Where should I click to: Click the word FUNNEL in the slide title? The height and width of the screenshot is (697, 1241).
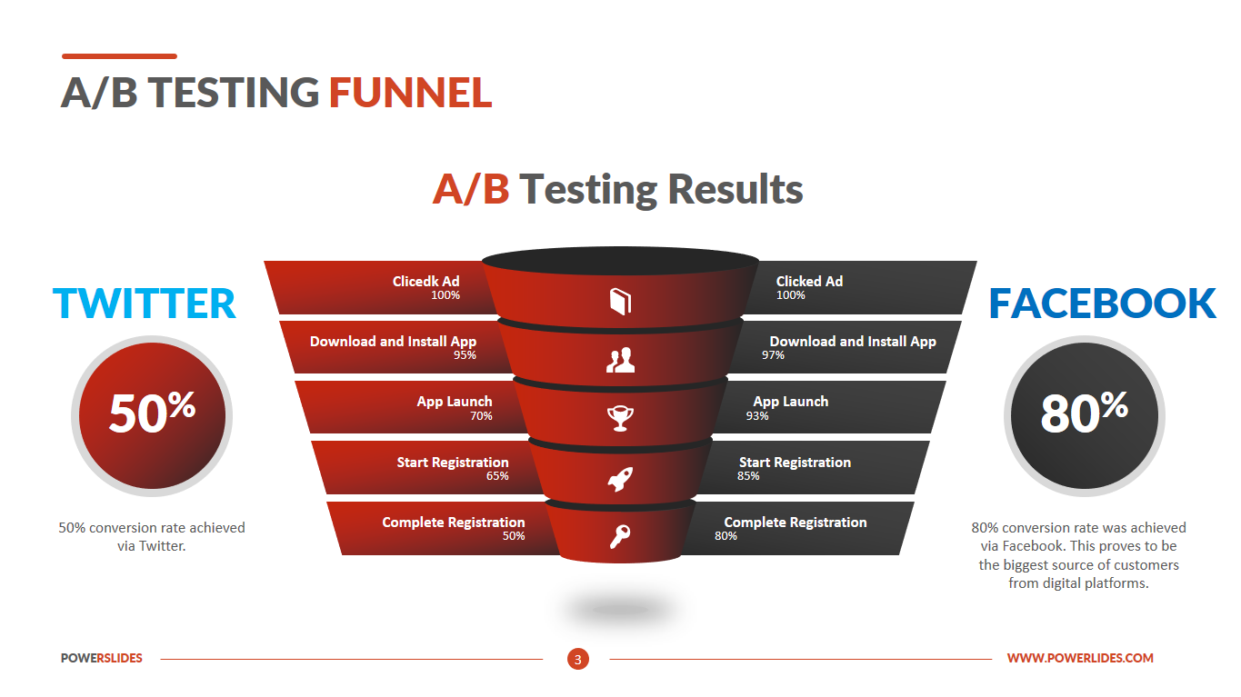[x=411, y=92]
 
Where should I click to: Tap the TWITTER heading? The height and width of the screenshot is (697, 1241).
[x=145, y=304]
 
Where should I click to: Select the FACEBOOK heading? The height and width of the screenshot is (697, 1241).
[x=1102, y=304]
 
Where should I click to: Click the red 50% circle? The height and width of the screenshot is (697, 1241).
[x=152, y=416]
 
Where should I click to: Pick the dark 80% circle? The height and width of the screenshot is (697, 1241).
[x=1085, y=416]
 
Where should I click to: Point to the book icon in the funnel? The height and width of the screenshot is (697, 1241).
[x=620, y=301]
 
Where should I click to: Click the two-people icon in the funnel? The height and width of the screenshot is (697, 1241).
[x=620, y=360]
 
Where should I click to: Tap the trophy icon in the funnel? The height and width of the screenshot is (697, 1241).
[x=620, y=418]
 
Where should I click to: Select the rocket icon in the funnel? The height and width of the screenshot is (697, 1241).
[x=620, y=479]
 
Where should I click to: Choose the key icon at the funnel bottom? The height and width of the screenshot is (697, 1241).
[x=620, y=536]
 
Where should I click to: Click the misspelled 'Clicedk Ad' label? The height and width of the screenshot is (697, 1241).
[x=426, y=281]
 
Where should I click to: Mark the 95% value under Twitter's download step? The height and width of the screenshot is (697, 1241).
[x=465, y=355]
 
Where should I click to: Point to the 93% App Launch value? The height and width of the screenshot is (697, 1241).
[x=757, y=416]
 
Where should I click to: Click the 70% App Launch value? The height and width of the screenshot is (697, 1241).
[x=481, y=416]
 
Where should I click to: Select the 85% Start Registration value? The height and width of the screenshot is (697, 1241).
[x=748, y=476]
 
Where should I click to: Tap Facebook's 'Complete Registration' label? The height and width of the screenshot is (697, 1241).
[x=796, y=522]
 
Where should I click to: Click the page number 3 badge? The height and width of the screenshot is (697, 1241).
[x=578, y=659]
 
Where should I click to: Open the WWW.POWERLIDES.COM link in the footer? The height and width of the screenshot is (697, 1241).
[x=1080, y=658]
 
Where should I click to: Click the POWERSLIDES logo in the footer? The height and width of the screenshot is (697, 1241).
[x=102, y=658]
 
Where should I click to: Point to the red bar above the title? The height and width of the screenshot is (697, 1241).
[x=119, y=56]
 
